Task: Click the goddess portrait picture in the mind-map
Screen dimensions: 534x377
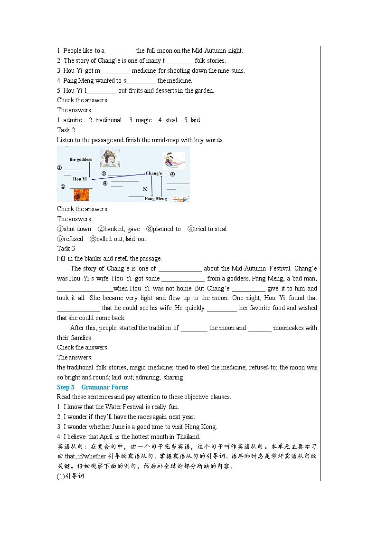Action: tap(110, 158)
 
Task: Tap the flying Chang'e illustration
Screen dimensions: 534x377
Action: tap(174, 161)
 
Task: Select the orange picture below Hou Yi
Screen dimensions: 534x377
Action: tap(81, 195)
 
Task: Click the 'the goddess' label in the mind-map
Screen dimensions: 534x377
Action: tap(81, 159)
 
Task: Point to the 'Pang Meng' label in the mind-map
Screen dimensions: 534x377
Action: tap(156, 198)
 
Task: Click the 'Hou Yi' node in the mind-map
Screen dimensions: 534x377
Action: tap(80, 179)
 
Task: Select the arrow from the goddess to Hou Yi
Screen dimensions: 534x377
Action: tap(90, 169)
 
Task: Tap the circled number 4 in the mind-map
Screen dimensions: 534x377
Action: tap(172, 174)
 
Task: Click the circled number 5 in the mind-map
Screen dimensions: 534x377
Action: tap(145, 188)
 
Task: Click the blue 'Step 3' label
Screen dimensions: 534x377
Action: tap(66, 387)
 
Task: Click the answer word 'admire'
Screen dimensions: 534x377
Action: tap(73, 120)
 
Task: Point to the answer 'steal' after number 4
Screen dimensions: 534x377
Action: tap(171, 120)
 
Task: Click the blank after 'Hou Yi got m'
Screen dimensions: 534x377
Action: tap(115, 71)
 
